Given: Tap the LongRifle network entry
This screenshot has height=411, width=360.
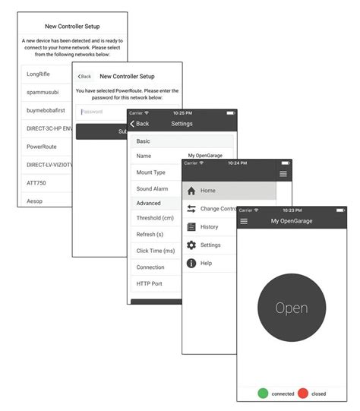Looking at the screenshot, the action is coord(39,74).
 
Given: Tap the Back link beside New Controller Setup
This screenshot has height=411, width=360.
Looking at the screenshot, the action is coord(84,77).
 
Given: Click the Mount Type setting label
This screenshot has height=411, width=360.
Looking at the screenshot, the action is coord(150,172).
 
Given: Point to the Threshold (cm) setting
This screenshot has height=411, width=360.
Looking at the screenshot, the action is coord(154,218).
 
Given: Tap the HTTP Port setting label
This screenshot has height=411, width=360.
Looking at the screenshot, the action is coord(150,283).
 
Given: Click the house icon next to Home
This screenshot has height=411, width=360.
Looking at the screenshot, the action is coord(191,191).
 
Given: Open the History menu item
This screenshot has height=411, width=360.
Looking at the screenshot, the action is coord(209,226).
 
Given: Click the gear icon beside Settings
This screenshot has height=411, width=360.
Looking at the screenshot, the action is coord(191,245).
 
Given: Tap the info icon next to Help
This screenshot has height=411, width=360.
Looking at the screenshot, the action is coord(191,264).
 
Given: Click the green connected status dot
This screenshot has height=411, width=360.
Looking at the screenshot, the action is coord(263,394).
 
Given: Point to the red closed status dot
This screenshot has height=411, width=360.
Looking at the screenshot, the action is coord(302,394).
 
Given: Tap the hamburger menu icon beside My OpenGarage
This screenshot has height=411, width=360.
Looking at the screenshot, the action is coord(244,221).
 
